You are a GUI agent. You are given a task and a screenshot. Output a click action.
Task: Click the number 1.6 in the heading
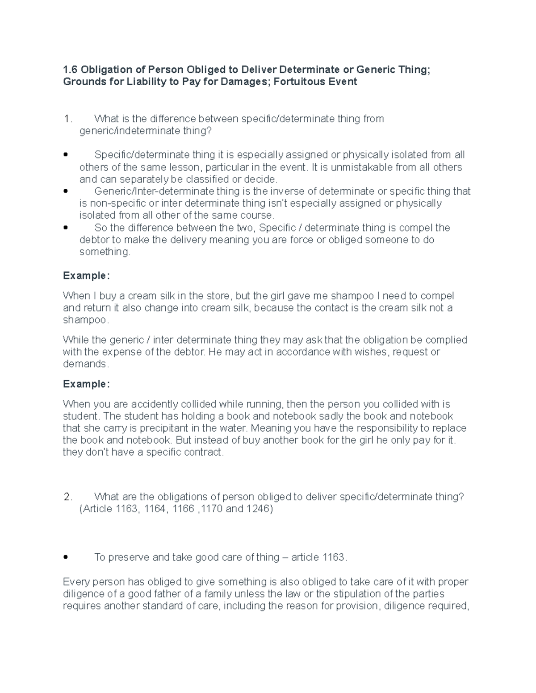coord(71,70)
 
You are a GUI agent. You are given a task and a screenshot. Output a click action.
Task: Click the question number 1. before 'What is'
coord(67,119)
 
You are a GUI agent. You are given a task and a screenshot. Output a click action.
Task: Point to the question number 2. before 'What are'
coord(67,497)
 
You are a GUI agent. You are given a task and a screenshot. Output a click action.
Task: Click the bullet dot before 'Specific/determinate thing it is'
coord(66,155)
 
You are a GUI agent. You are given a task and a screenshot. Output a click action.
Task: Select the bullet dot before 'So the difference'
coord(66,228)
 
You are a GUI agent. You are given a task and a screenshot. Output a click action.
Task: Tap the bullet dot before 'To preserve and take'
coord(66,558)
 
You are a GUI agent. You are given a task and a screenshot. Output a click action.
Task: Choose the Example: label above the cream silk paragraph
coord(86,276)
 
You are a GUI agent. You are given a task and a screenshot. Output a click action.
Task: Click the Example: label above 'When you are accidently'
coord(86,384)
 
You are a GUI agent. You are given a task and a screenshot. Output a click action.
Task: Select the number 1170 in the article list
coord(212,509)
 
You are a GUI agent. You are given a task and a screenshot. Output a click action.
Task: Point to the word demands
coord(85,364)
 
